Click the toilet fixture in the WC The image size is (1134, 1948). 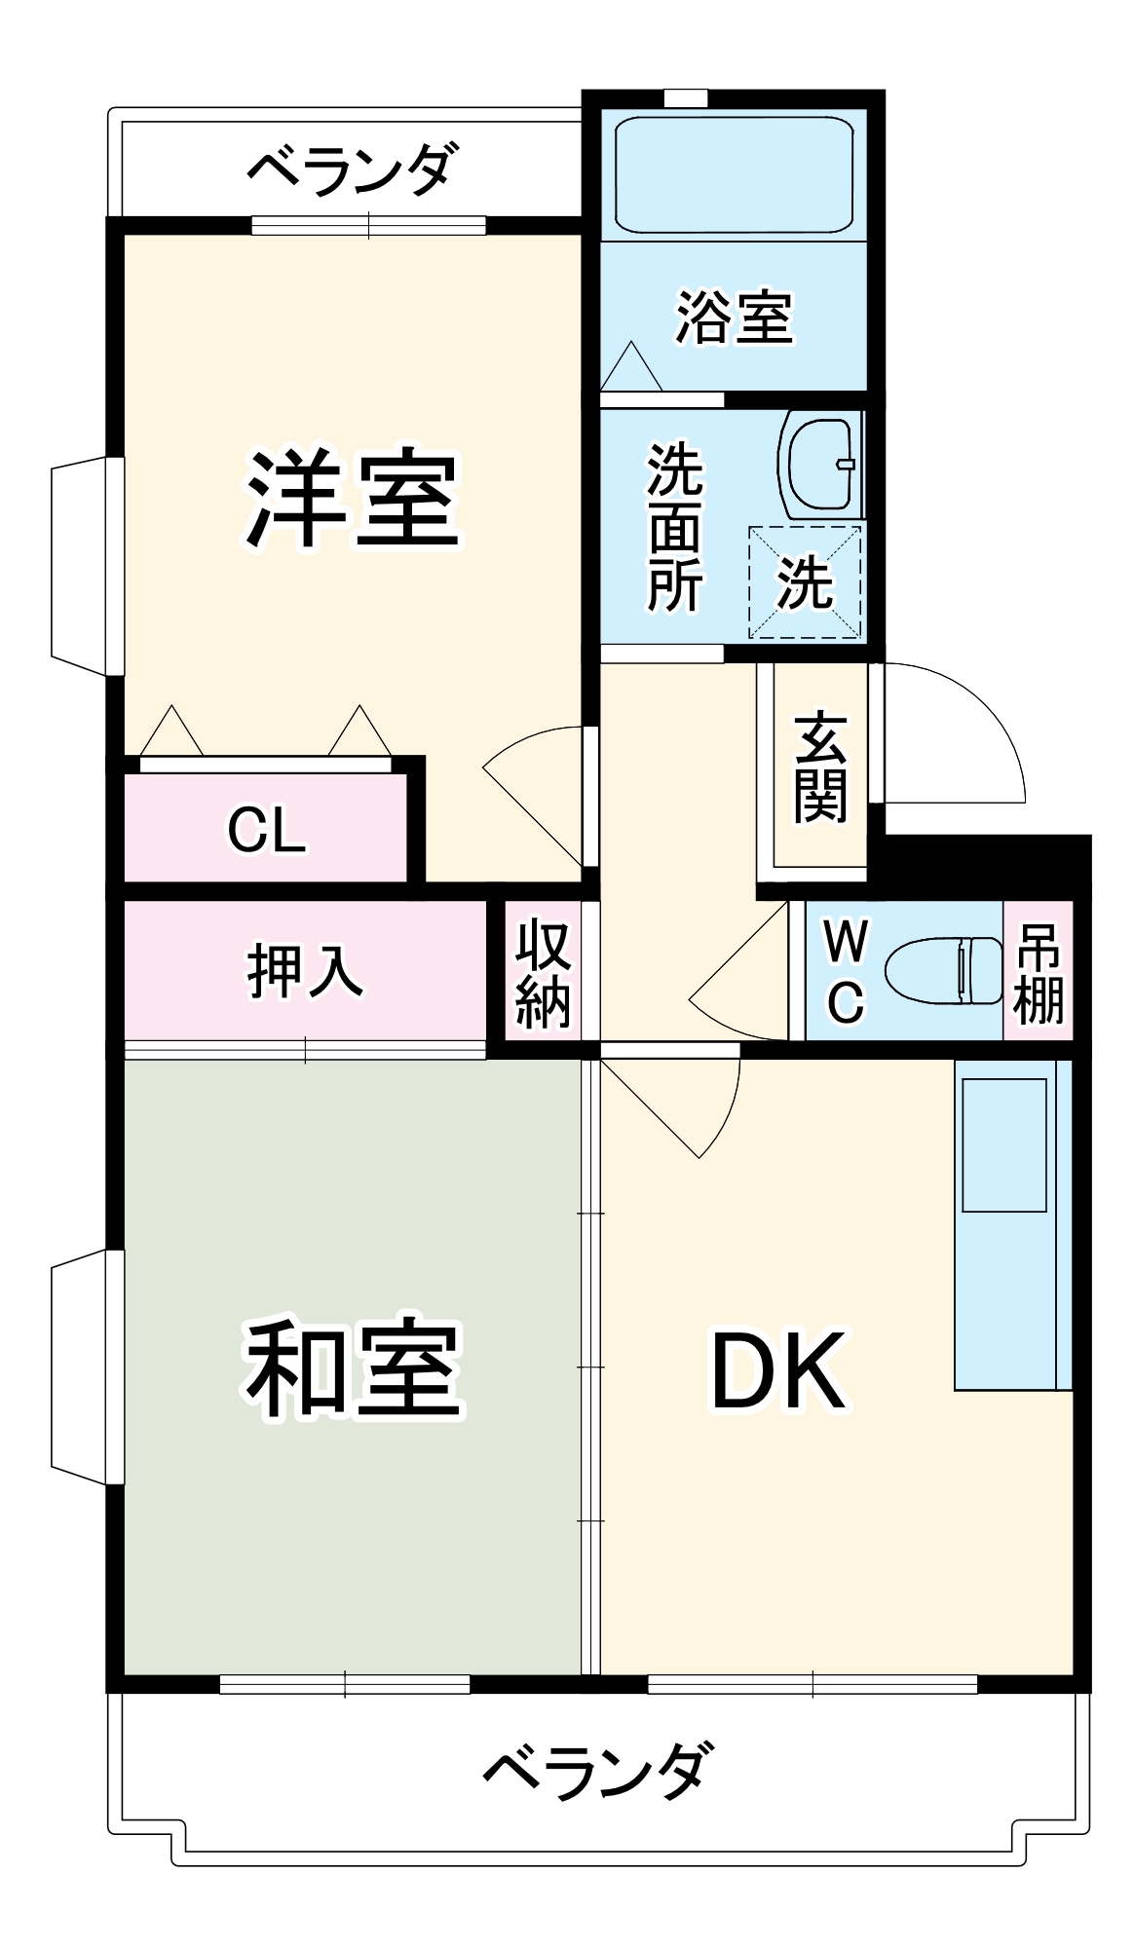[x=943, y=970]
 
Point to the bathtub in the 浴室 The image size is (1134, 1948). [x=734, y=175]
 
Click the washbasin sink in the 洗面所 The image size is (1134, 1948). [x=820, y=466]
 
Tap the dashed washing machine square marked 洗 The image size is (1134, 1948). [x=805, y=582]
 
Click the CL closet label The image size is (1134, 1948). [x=266, y=831]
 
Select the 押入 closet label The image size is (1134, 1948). [x=305, y=970]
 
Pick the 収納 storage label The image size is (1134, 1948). [x=543, y=972]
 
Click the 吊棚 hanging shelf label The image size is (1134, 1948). [x=1039, y=972]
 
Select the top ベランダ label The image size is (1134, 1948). [x=351, y=168]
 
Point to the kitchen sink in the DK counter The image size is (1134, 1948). [x=1003, y=1145]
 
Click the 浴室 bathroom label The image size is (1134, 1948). [x=734, y=317]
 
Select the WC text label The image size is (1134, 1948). [x=845, y=970]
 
